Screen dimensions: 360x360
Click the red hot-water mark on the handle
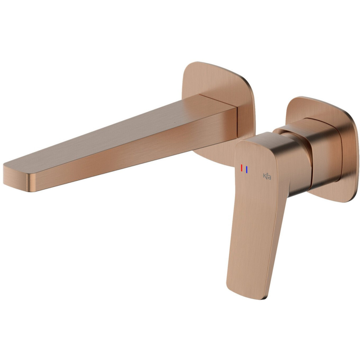point(242,168)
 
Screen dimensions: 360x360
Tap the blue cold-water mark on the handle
point(247,170)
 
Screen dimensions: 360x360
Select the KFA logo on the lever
point(267,176)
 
